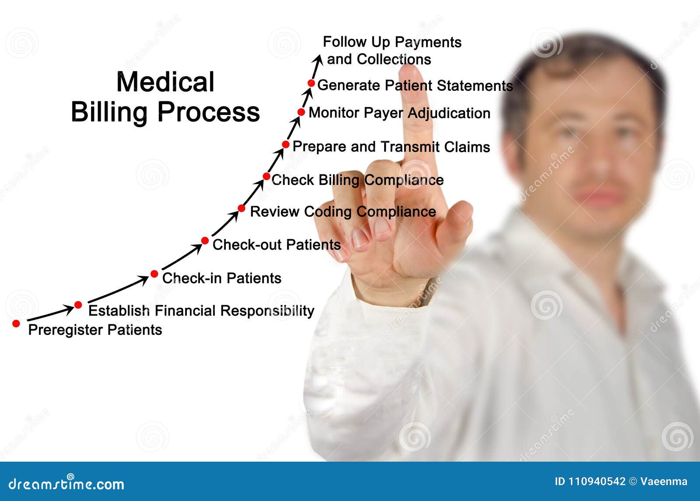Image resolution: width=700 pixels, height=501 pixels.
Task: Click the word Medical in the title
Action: click(165, 82)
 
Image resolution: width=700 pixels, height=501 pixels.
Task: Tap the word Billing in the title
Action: click(109, 112)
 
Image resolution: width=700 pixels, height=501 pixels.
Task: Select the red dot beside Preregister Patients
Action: click(16, 324)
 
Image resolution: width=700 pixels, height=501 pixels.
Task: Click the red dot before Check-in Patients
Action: click(154, 274)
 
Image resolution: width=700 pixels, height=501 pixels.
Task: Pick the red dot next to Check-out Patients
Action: click(205, 240)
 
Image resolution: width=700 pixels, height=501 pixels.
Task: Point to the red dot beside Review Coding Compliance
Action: click(241, 208)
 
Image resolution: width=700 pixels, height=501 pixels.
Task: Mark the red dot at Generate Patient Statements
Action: click(311, 83)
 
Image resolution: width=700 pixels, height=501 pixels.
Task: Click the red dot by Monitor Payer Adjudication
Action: click(301, 112)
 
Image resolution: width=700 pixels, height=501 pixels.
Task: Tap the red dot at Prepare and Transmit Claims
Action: click(286, 144)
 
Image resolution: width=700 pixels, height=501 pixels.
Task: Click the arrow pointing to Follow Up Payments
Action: click(316, 66)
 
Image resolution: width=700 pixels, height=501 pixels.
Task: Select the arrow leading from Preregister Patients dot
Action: click(50, 313)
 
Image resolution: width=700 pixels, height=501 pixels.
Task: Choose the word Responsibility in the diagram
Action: click(267, 311)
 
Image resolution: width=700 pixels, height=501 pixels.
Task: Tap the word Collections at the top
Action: click(394, 59)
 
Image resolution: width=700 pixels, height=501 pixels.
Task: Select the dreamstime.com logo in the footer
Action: click(66, 484)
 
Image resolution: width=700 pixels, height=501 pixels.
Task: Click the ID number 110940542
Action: click(596, 481)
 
